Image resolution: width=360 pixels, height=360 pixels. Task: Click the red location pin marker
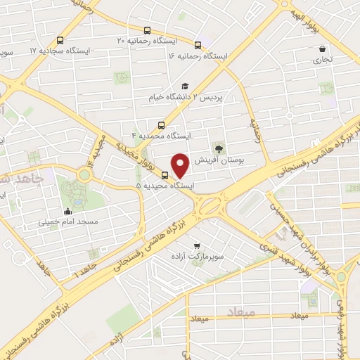click(181, 165)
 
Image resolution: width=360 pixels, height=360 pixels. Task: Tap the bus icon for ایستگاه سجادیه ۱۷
click(60, 40)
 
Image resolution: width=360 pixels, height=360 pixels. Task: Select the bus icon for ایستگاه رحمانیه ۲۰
click(147, 30)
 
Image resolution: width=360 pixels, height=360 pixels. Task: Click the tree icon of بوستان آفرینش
click(219, 148)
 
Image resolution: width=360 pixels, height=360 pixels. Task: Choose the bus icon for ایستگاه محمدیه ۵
click(165, 175)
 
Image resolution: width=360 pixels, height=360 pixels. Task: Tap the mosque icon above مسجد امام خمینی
click(67, 211)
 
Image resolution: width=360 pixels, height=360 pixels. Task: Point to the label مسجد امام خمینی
click(67, 221)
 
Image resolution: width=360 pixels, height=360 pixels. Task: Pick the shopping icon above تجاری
click(321, 49)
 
